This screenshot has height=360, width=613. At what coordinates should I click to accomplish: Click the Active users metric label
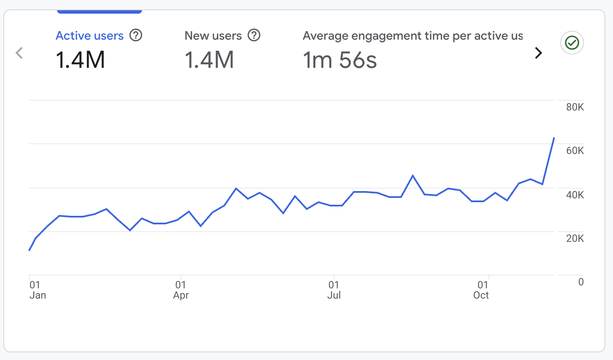(x=90, y=36)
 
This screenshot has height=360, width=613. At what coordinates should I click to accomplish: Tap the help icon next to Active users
(x=136, y=35)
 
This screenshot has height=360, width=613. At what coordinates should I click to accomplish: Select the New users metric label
(x=213, y=36)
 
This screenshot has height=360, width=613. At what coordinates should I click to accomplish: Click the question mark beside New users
(x=254, y=35)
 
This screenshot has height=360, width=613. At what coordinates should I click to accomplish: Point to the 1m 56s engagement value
(x=340, y=60)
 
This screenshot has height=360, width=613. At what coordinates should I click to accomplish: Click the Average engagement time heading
(x=412, y=36)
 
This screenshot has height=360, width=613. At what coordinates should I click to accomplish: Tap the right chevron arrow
(x=538, y=53)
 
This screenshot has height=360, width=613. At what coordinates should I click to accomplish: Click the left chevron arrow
(x=19, y=53)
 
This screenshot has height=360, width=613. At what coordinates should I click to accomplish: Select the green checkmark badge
(x=572, y=43)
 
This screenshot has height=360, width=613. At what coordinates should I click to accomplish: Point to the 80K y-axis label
(x=575, y=107)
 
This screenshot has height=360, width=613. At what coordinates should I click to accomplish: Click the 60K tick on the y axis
(x=575, y=151)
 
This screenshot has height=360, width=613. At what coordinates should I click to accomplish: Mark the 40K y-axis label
(x=575, y=195)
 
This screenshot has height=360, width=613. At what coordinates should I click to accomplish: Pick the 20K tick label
(x=575, y=238)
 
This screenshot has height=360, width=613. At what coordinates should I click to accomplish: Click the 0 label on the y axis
(x=581, y=282)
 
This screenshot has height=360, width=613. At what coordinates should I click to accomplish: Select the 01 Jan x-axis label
(x=38, y=290)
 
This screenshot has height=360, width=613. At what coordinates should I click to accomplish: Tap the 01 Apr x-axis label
(x=181, y=290)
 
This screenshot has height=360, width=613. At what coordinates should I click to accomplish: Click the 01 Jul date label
(x=334, y=290)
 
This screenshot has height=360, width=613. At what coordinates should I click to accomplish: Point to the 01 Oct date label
(x=481, y=290)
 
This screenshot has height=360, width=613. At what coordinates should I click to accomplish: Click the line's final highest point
(x=554, y=138)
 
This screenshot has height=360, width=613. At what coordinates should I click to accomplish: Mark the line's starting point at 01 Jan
(x=29, y=250)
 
